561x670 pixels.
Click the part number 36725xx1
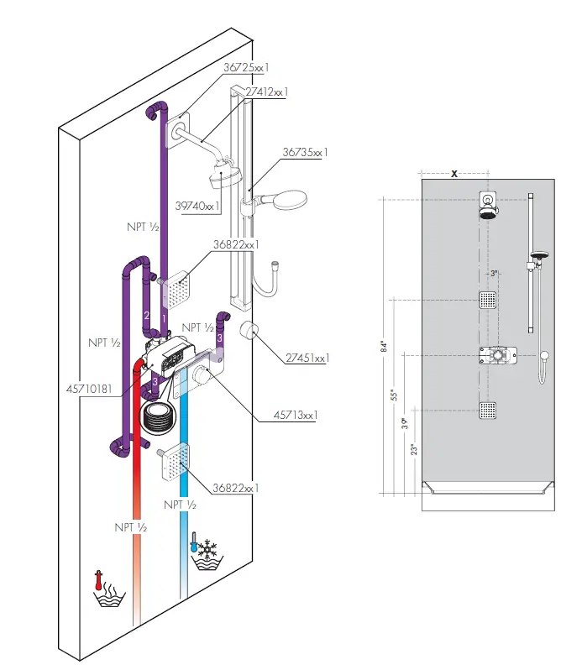click(246, 66)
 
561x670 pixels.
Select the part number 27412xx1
click(267, 91)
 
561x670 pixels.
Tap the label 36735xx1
click(304, 152)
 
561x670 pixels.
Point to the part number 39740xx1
click(198, 205)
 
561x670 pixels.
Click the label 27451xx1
click(307, 358)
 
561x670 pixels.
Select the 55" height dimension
click(394, 395)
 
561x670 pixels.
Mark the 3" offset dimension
click(495, 273)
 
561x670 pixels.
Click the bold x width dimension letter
click(454, 173)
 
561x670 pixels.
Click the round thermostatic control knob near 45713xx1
click(202, 378)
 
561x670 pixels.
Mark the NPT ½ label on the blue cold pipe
click(180, 505)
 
